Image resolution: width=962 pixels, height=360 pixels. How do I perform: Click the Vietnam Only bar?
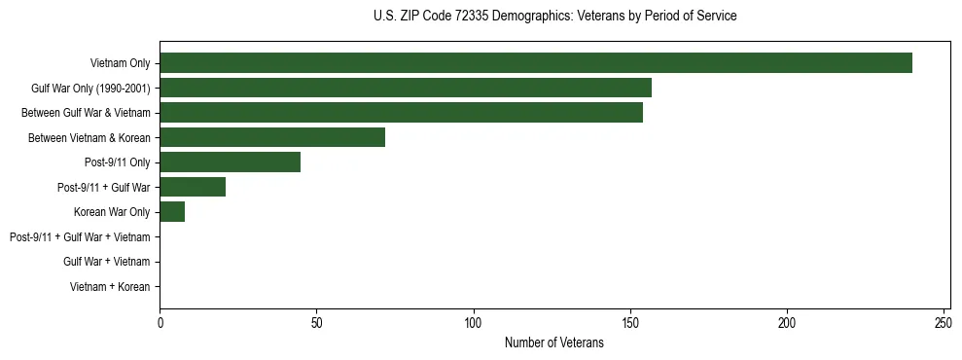tap(536, 63)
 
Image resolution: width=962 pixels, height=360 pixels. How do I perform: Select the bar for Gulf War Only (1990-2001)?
tap(406, 88)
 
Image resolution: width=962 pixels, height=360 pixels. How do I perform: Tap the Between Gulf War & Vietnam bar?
tap(401, 113)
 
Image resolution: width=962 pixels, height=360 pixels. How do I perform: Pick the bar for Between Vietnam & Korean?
tap(272, 137)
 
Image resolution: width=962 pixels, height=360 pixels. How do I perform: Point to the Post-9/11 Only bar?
tap(231, 162)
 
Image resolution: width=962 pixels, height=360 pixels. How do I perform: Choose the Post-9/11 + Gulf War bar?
tap(193, 187)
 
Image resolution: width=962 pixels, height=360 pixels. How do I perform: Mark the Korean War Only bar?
tap(172, 212)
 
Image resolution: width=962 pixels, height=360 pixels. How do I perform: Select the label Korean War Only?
tap(112, 212)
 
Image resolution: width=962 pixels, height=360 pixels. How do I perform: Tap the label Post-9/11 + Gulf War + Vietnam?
tap(80, 237)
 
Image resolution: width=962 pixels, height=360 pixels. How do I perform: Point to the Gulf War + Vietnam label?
tap(107, 262)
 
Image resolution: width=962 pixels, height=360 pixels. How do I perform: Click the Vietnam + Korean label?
tap(110, 287)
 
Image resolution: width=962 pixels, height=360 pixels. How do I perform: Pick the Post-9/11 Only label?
tap(118, 162)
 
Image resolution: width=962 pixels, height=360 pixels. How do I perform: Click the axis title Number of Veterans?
tap(554, 342)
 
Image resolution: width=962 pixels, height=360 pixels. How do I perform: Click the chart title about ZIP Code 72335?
tap(554, 17)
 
